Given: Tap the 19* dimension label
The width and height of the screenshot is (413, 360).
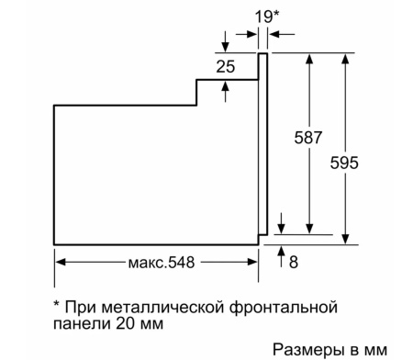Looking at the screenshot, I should point(266,16).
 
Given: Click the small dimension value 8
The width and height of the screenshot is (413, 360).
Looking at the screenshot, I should point(294,263).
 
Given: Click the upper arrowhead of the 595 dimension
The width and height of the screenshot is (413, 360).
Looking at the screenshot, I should point(345,58).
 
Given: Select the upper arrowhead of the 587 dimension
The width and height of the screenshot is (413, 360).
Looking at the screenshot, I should point(311,58).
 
